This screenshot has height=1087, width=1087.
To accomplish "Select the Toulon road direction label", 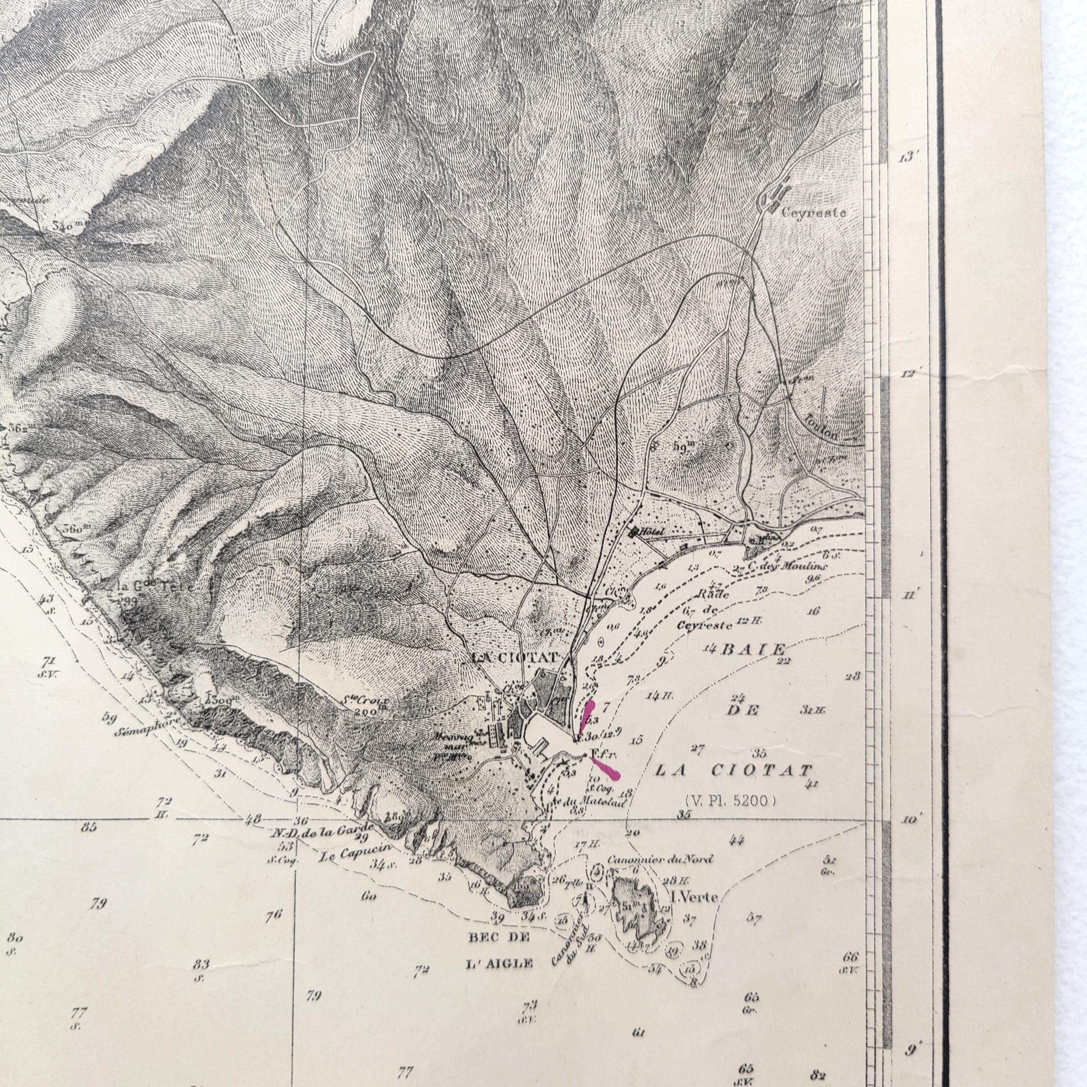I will [x=822, y=426].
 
